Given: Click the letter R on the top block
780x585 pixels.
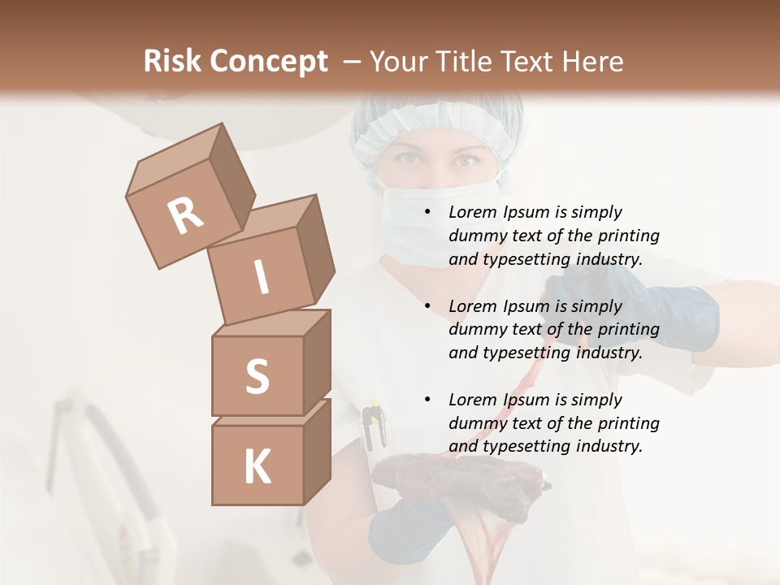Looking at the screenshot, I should (x=186, y=215).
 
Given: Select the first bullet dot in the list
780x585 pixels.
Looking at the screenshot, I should (x=427, y=212).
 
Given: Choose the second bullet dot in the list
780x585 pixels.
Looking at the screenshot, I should (x=427, y=306).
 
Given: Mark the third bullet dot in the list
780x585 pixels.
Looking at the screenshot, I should (x=427, y=400).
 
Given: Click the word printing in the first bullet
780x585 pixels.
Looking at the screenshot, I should (x=629, y=236).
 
